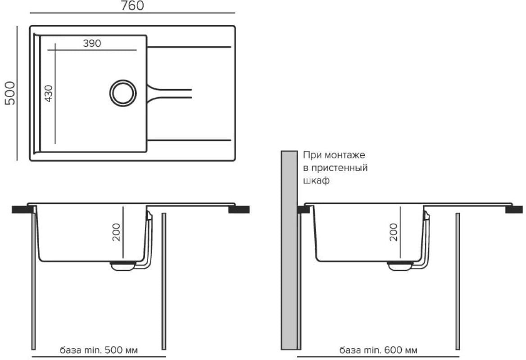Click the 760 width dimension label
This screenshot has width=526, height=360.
[132, 5]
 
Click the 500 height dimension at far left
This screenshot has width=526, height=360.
[10, 93]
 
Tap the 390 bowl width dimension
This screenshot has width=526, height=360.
[92, 43]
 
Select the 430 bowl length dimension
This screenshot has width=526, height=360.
[49, 94]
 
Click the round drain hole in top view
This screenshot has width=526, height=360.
[123, 93]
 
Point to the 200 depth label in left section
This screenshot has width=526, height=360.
[116, 232]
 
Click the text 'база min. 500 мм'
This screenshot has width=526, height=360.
[99, 350]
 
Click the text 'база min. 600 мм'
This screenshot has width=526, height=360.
[378, 350]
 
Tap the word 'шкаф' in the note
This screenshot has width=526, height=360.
[316, 180]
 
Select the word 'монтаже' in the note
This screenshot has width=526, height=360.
[345, 155]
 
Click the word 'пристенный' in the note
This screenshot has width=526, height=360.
[339, 167]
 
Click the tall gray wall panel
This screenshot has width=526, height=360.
[289, 250]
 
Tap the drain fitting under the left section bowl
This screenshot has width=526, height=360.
[123, 266]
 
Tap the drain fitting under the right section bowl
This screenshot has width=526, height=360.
[400, 266]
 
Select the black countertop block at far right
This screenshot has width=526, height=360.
[514, 210]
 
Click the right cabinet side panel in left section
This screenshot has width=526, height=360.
[164, 281]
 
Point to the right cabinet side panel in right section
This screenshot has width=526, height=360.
[458, 281]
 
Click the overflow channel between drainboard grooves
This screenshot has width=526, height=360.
[169, 94]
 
